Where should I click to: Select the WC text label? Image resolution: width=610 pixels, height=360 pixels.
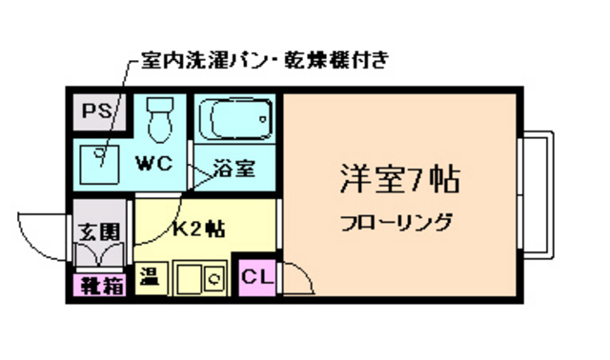click(x=152, y=163)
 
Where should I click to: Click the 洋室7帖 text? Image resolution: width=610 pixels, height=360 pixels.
click(x=400, y=179)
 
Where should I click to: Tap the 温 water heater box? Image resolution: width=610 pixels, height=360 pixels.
click(x=150, y=277)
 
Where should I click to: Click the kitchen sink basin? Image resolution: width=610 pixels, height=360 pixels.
click(x=187, y=278)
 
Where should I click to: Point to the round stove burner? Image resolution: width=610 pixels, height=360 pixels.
click(x=214, y=279)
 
